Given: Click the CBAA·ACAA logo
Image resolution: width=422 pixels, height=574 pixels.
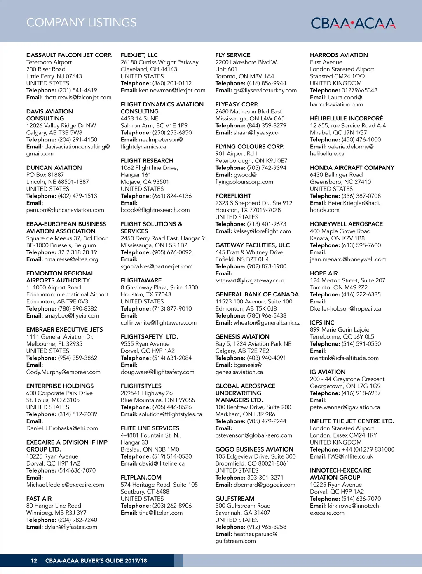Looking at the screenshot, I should pyautogui.click(x=353, y=23).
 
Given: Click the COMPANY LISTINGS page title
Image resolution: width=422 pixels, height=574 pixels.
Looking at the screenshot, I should pyautogui.click(x=81, y=23).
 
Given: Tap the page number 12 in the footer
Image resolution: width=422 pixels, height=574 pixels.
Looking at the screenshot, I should pyautogui.click(x=34, y=561).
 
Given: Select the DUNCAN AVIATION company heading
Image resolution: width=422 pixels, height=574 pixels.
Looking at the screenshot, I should pyautogui.click(x=54, y=168).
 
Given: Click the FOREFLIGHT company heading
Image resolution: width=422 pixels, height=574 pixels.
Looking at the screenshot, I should pyautogui.click(x=233, y=196).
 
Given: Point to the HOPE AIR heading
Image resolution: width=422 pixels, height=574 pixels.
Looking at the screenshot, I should pyautogui.click(x=324, y=273).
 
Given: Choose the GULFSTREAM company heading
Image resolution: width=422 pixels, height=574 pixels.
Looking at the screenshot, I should pyautogui.click(x=234, y=499).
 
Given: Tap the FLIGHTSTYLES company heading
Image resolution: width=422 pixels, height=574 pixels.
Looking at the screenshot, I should pyautogui.click(x=141, y=386).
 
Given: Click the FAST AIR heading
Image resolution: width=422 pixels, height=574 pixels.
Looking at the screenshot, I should pyautogui.click(x=39, y=499).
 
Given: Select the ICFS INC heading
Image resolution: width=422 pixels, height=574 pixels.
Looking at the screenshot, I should pyautogui.click(x=322, y=322).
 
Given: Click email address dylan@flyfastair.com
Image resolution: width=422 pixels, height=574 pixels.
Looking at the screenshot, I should pyautogui.click(x=71, y=527).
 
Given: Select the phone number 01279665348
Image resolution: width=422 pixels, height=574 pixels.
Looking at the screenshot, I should pyautogui.click(x=359, y=90).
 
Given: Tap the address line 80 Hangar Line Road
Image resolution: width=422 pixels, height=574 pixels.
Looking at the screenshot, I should pyautogui.click(x=54, y=506).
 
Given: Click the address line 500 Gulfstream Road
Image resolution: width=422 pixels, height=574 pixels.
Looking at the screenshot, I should pyautogui.click(x=243, y=506).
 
